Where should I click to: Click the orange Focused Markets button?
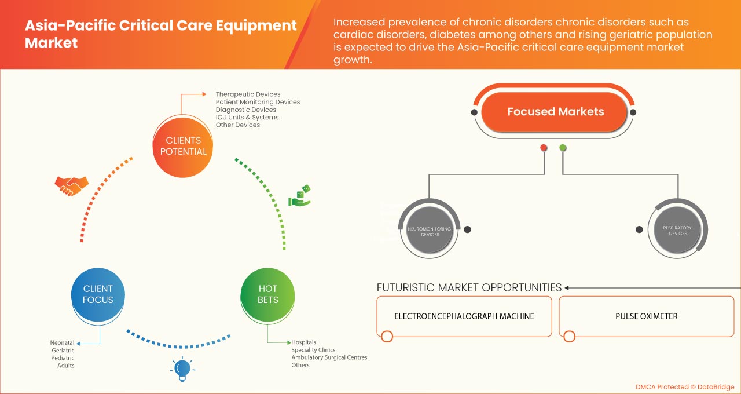pos(555,112)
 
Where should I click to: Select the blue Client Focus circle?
pos(98,294)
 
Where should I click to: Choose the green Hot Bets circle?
pos(268,294)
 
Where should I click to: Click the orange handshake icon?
pos(71,185)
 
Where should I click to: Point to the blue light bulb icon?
pos(182,369)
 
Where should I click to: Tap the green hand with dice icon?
pos(300,196)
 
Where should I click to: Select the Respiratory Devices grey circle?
pos(678,230)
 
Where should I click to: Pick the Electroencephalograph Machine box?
pos(464,316)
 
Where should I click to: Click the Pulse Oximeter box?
pos(646,316)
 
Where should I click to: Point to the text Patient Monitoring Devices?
pos(258,102)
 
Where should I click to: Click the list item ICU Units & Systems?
pos(247,117)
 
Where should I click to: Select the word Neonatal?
pos(63,343)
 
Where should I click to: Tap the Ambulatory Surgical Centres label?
pos(329,357)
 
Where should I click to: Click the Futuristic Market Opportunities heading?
pos(469,287)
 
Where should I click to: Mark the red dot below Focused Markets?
pos(544,148)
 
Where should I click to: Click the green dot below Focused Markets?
pos(563,148)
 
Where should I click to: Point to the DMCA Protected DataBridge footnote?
pos(684,387)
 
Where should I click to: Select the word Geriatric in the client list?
pos(63,351)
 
